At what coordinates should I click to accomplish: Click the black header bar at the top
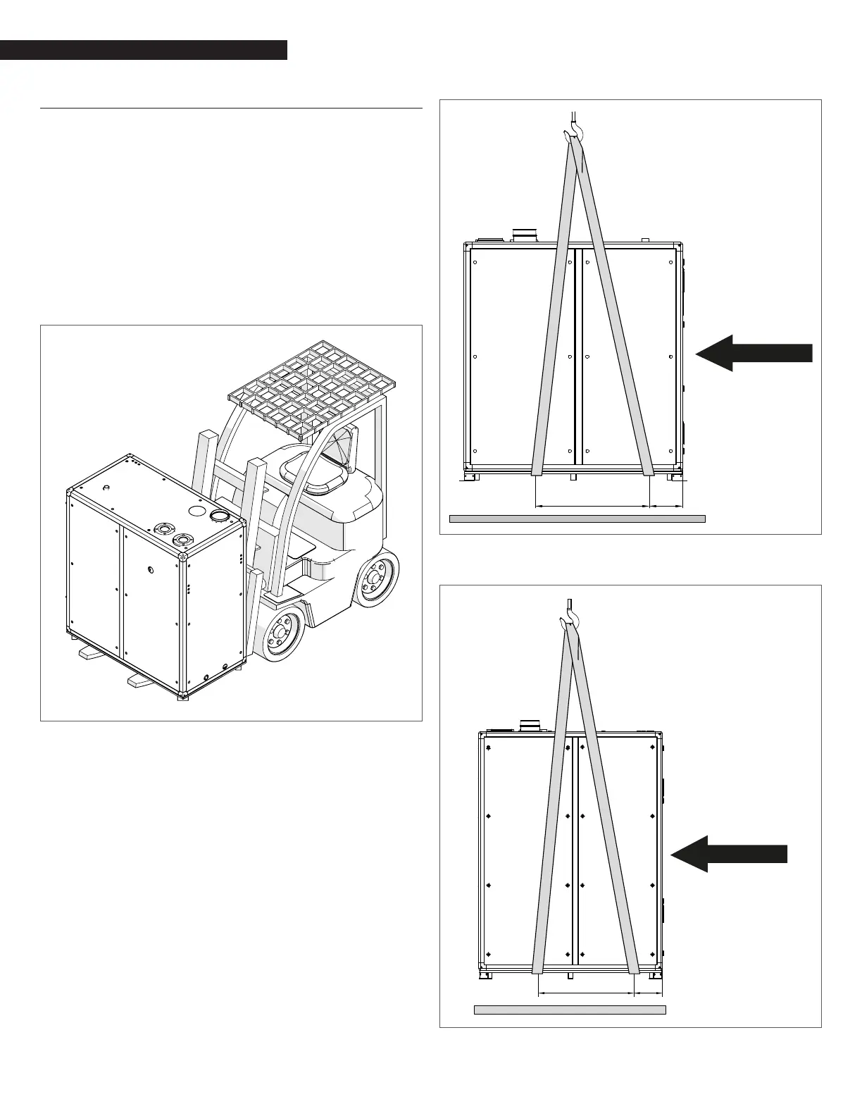[x=144, y=50]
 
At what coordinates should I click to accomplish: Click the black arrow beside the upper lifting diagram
[x=754, y=352]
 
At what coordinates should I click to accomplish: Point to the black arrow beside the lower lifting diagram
[x=729, y=853]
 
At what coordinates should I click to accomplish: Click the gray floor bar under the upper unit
[x=577, y=519]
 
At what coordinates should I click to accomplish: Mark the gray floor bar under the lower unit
[x=570, y=1010]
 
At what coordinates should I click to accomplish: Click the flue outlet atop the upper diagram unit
[x=525, y=235]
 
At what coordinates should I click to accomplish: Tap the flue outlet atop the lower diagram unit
[x=530, y=725]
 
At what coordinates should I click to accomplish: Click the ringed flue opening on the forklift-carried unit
[x=218, y=516]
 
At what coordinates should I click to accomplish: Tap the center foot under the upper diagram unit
[x=573, y=477]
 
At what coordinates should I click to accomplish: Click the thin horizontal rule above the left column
[x=231, y=109]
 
